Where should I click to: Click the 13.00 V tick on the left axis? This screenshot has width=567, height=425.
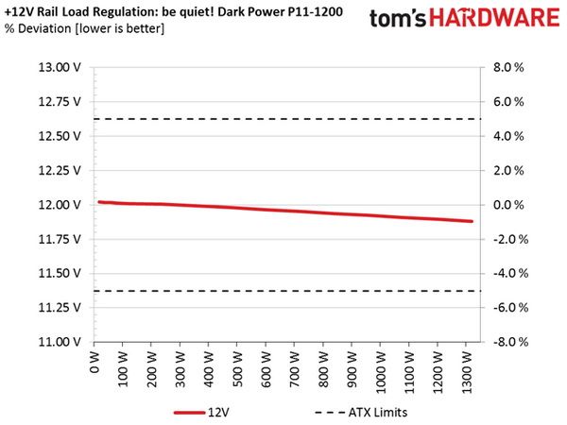click(60, 68)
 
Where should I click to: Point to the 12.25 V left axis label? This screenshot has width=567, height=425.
click(60, 170)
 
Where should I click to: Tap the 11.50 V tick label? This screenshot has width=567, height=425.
click(60, 273)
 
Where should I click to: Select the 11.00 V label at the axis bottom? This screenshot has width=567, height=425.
click(60, 342)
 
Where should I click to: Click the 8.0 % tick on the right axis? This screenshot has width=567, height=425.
click(508, 68)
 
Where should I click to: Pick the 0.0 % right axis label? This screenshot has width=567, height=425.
click(508, 205)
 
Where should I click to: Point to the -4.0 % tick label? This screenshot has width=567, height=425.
click(510, 273)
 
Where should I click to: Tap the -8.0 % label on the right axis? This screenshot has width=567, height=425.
click(510, 342)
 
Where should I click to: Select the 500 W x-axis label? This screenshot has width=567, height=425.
click(237, 368)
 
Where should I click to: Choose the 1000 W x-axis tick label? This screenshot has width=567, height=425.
click(380, 371)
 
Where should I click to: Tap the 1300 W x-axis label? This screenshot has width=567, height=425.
click(467, 371)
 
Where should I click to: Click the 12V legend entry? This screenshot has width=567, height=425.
click(201, 413)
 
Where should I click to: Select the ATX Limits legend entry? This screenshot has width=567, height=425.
click(361, 413)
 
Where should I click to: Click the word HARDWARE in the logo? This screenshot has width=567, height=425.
click(494, 18)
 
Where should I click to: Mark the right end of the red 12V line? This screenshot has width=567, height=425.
click(472, 221)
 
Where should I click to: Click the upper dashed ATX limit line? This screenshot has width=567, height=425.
click(287, 119)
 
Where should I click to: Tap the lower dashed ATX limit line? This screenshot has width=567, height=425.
click(287, 291)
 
